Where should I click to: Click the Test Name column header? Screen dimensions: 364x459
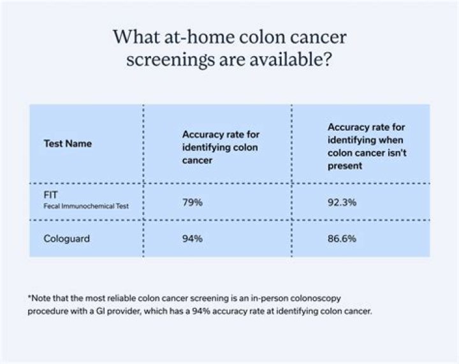68,143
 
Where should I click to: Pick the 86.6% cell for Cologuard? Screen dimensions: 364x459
342,238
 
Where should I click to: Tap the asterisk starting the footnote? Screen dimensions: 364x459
29,298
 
